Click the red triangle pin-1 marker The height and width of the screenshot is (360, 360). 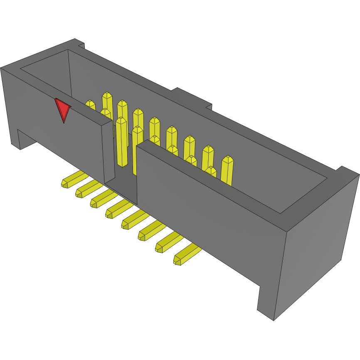62,109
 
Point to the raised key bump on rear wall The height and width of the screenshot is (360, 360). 191,98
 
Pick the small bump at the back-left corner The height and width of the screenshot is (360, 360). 79,43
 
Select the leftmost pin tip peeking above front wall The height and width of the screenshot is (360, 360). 90,105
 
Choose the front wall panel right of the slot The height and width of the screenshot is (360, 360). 208,208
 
